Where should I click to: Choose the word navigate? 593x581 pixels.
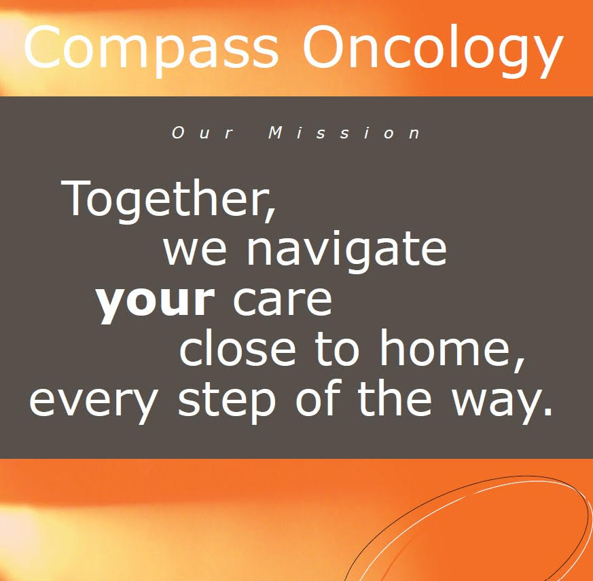(x=346, y=250)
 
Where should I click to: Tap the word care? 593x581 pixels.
(x=282, y=299)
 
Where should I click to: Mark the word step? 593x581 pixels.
(x=226, y=400)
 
